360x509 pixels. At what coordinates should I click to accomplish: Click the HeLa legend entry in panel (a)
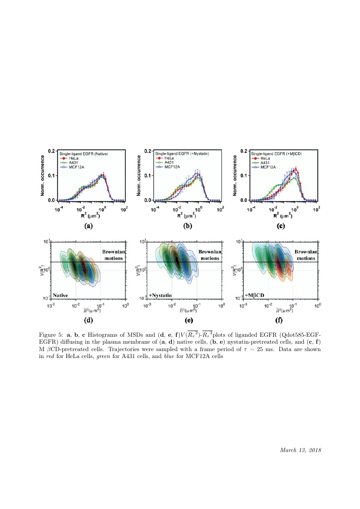click(71, 158)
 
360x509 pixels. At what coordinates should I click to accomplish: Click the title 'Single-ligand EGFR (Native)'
click(84, 154)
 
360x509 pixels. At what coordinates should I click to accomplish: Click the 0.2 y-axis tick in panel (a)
click(50, 151)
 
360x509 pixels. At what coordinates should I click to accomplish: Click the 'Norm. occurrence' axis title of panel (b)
click(138, 176)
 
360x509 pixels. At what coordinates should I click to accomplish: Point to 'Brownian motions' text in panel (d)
click(114, 254)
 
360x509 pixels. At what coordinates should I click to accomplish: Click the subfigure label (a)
click(88, 226)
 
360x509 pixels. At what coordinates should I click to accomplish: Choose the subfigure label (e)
click(188, 321)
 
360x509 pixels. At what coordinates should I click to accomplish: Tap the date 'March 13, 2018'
click(300, 450)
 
